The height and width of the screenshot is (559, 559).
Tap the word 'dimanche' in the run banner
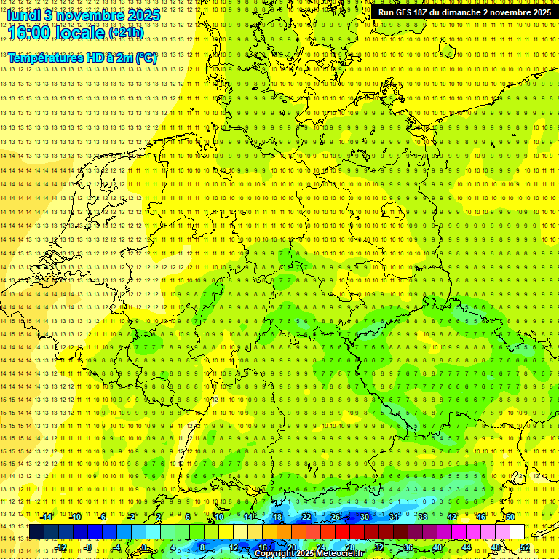point(459,12)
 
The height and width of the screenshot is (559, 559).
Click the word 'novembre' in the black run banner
point(510,12)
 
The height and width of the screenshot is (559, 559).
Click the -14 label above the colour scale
point(47,517)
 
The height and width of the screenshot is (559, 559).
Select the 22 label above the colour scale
point(306,517)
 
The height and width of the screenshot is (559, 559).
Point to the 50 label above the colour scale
point(510,517)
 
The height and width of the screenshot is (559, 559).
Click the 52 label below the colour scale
point(524,547)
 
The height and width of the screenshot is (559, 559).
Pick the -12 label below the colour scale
point(61,547)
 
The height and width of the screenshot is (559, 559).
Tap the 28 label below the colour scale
point(349,547)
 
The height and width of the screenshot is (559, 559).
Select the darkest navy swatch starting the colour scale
point(36,532)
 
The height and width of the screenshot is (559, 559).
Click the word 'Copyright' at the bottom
point(274,554)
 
